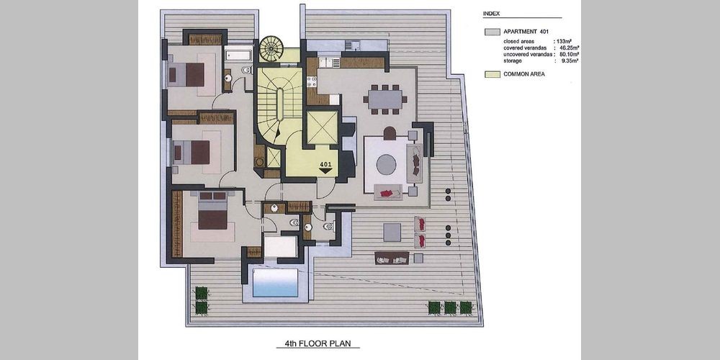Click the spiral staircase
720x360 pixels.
tap(271, 48)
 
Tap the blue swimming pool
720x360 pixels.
tap(276, 282)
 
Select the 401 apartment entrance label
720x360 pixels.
tap(325, 164)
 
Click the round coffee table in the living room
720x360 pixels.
tap(387, 164)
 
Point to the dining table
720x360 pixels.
tap(385, 99)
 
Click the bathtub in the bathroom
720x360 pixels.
tap(238, 56)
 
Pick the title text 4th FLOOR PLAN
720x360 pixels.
tap(318, 343)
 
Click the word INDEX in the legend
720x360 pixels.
tap(491, 14)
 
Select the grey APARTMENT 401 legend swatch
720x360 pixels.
tap(492, 32)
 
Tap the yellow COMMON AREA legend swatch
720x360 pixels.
tap(492, 74)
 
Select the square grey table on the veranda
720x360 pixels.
tap(392, 233)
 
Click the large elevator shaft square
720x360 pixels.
tap(322, 127)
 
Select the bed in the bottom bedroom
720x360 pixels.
tap(213, 210)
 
